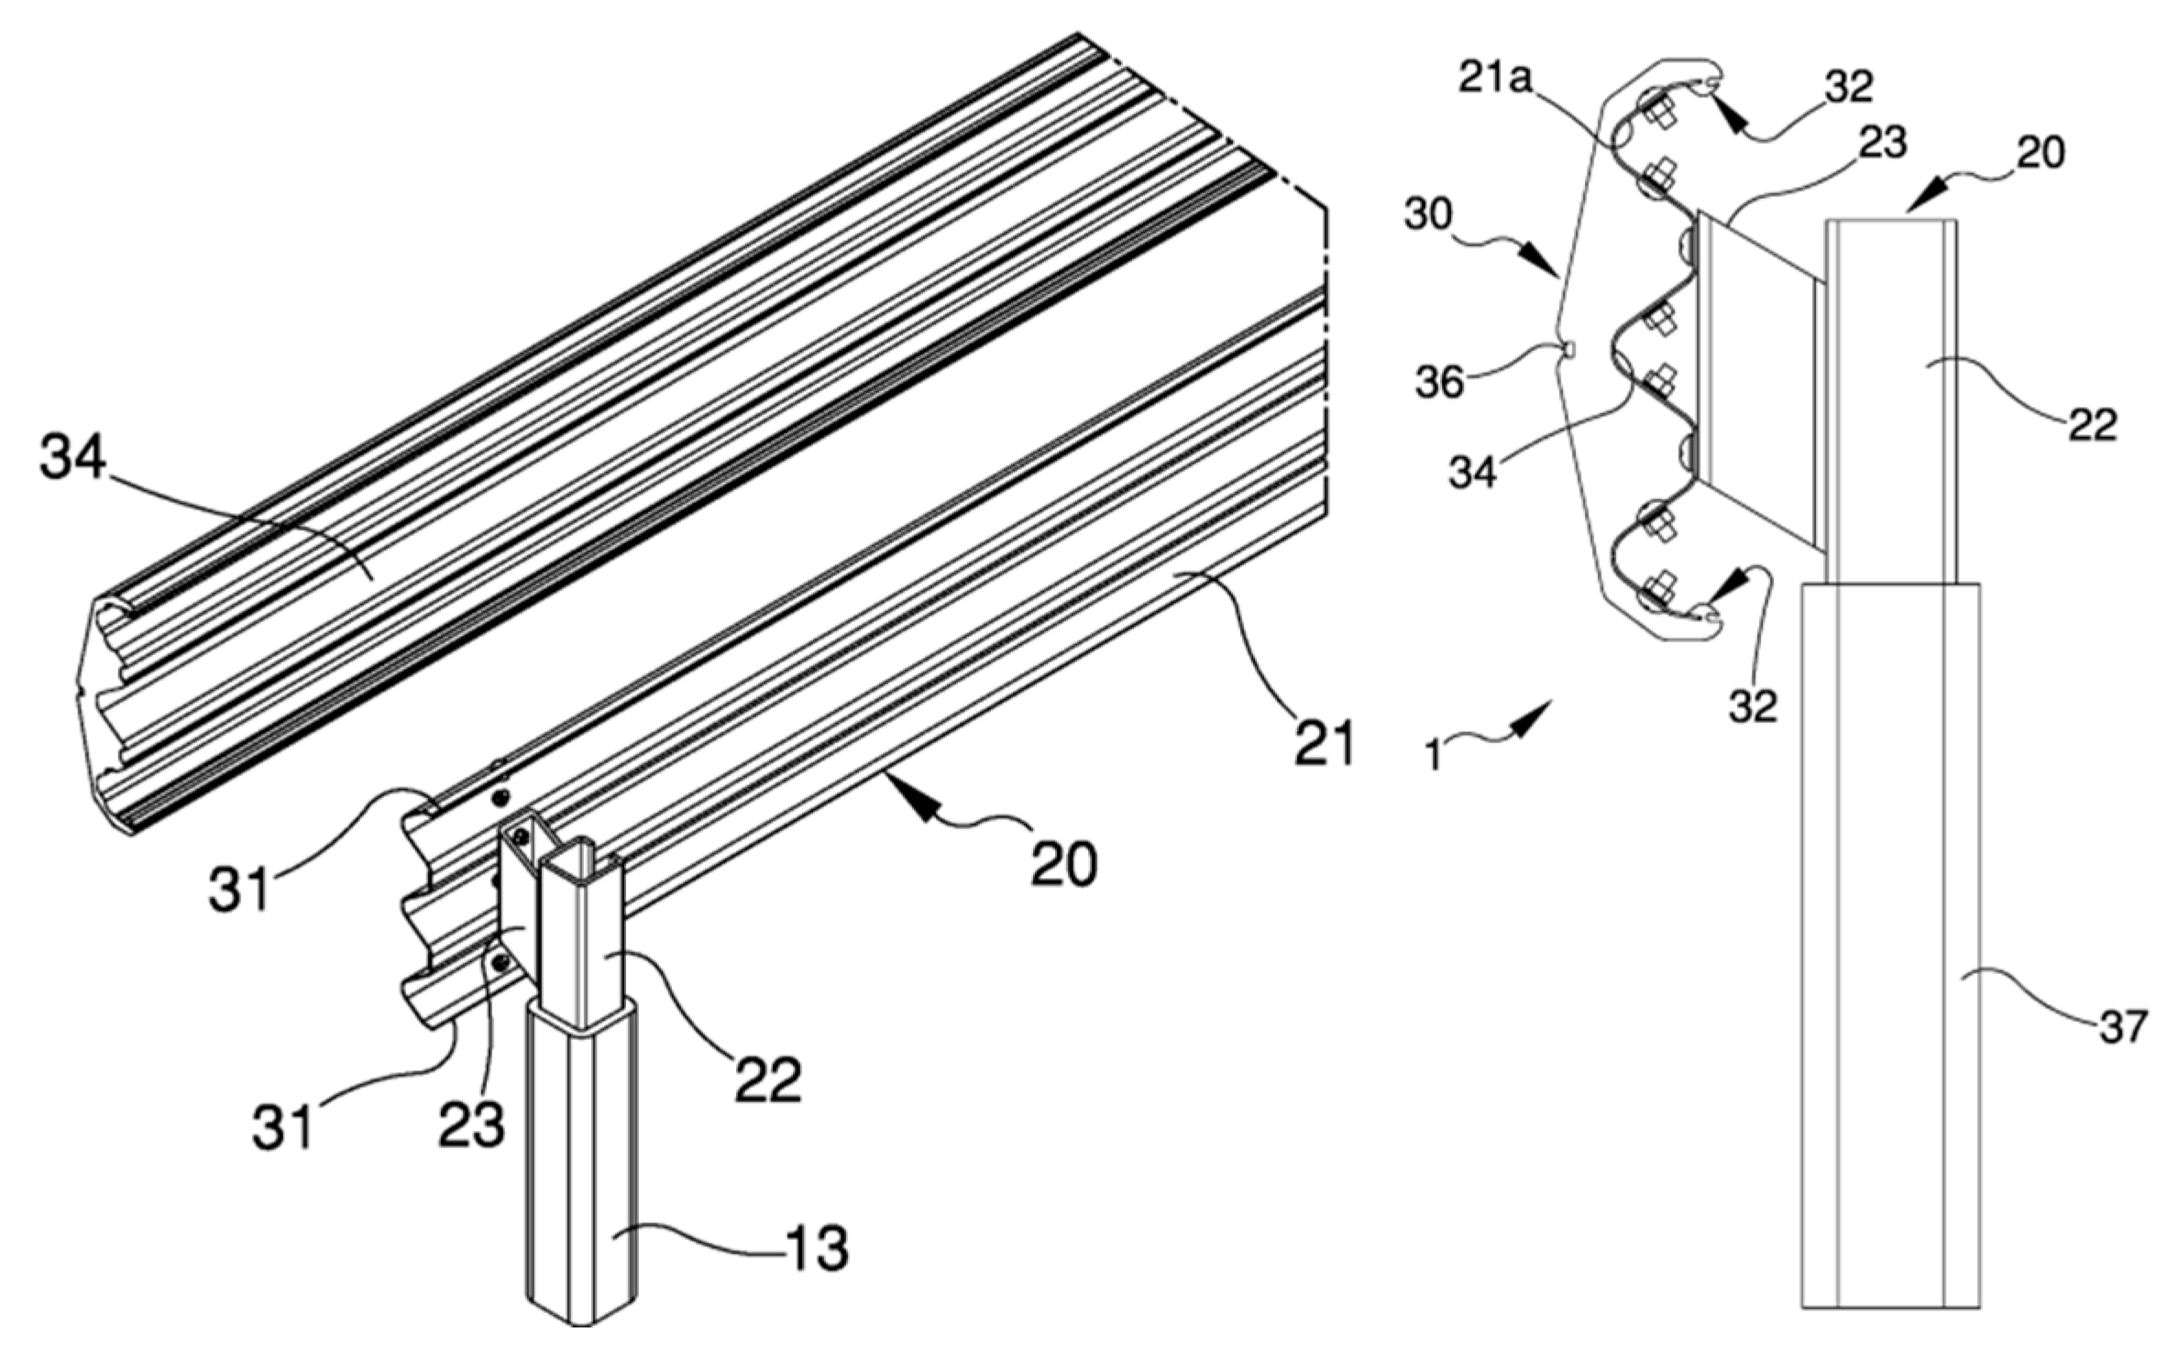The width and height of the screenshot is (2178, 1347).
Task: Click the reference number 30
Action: pos(1428,215)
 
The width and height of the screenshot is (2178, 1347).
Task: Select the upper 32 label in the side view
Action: pos(1846,87)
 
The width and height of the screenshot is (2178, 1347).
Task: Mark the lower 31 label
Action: pos(283,1126)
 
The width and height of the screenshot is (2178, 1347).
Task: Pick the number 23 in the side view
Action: pos(1881,143)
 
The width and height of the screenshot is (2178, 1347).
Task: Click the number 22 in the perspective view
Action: pos(768,1080)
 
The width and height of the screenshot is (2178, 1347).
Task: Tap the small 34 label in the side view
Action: pos(1472,473)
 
